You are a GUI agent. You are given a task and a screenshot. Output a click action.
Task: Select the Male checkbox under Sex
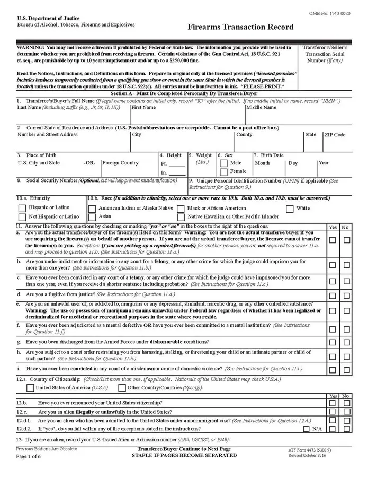point(223,163)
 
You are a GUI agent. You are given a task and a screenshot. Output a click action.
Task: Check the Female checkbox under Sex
point(223,172)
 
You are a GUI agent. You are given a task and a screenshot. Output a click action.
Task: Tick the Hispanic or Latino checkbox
point(22,208)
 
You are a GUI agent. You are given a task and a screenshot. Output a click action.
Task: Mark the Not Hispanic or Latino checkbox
point(22,217)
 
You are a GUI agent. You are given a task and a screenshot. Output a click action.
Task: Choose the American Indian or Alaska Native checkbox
point(92,209)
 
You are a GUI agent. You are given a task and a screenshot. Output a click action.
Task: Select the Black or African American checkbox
point(181,209)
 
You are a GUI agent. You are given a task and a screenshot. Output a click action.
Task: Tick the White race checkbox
point(290,209)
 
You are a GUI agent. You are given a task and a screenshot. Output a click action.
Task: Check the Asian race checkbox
point(92,217)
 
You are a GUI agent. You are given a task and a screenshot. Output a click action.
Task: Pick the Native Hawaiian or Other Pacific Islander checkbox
point(181,217)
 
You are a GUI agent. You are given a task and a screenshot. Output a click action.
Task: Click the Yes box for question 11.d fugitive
point(333,295)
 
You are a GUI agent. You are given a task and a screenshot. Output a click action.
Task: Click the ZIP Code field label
point(335,135)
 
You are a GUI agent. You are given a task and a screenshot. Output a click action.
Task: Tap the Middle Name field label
point(262,107)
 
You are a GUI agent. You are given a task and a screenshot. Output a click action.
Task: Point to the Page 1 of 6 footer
point(28,456)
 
